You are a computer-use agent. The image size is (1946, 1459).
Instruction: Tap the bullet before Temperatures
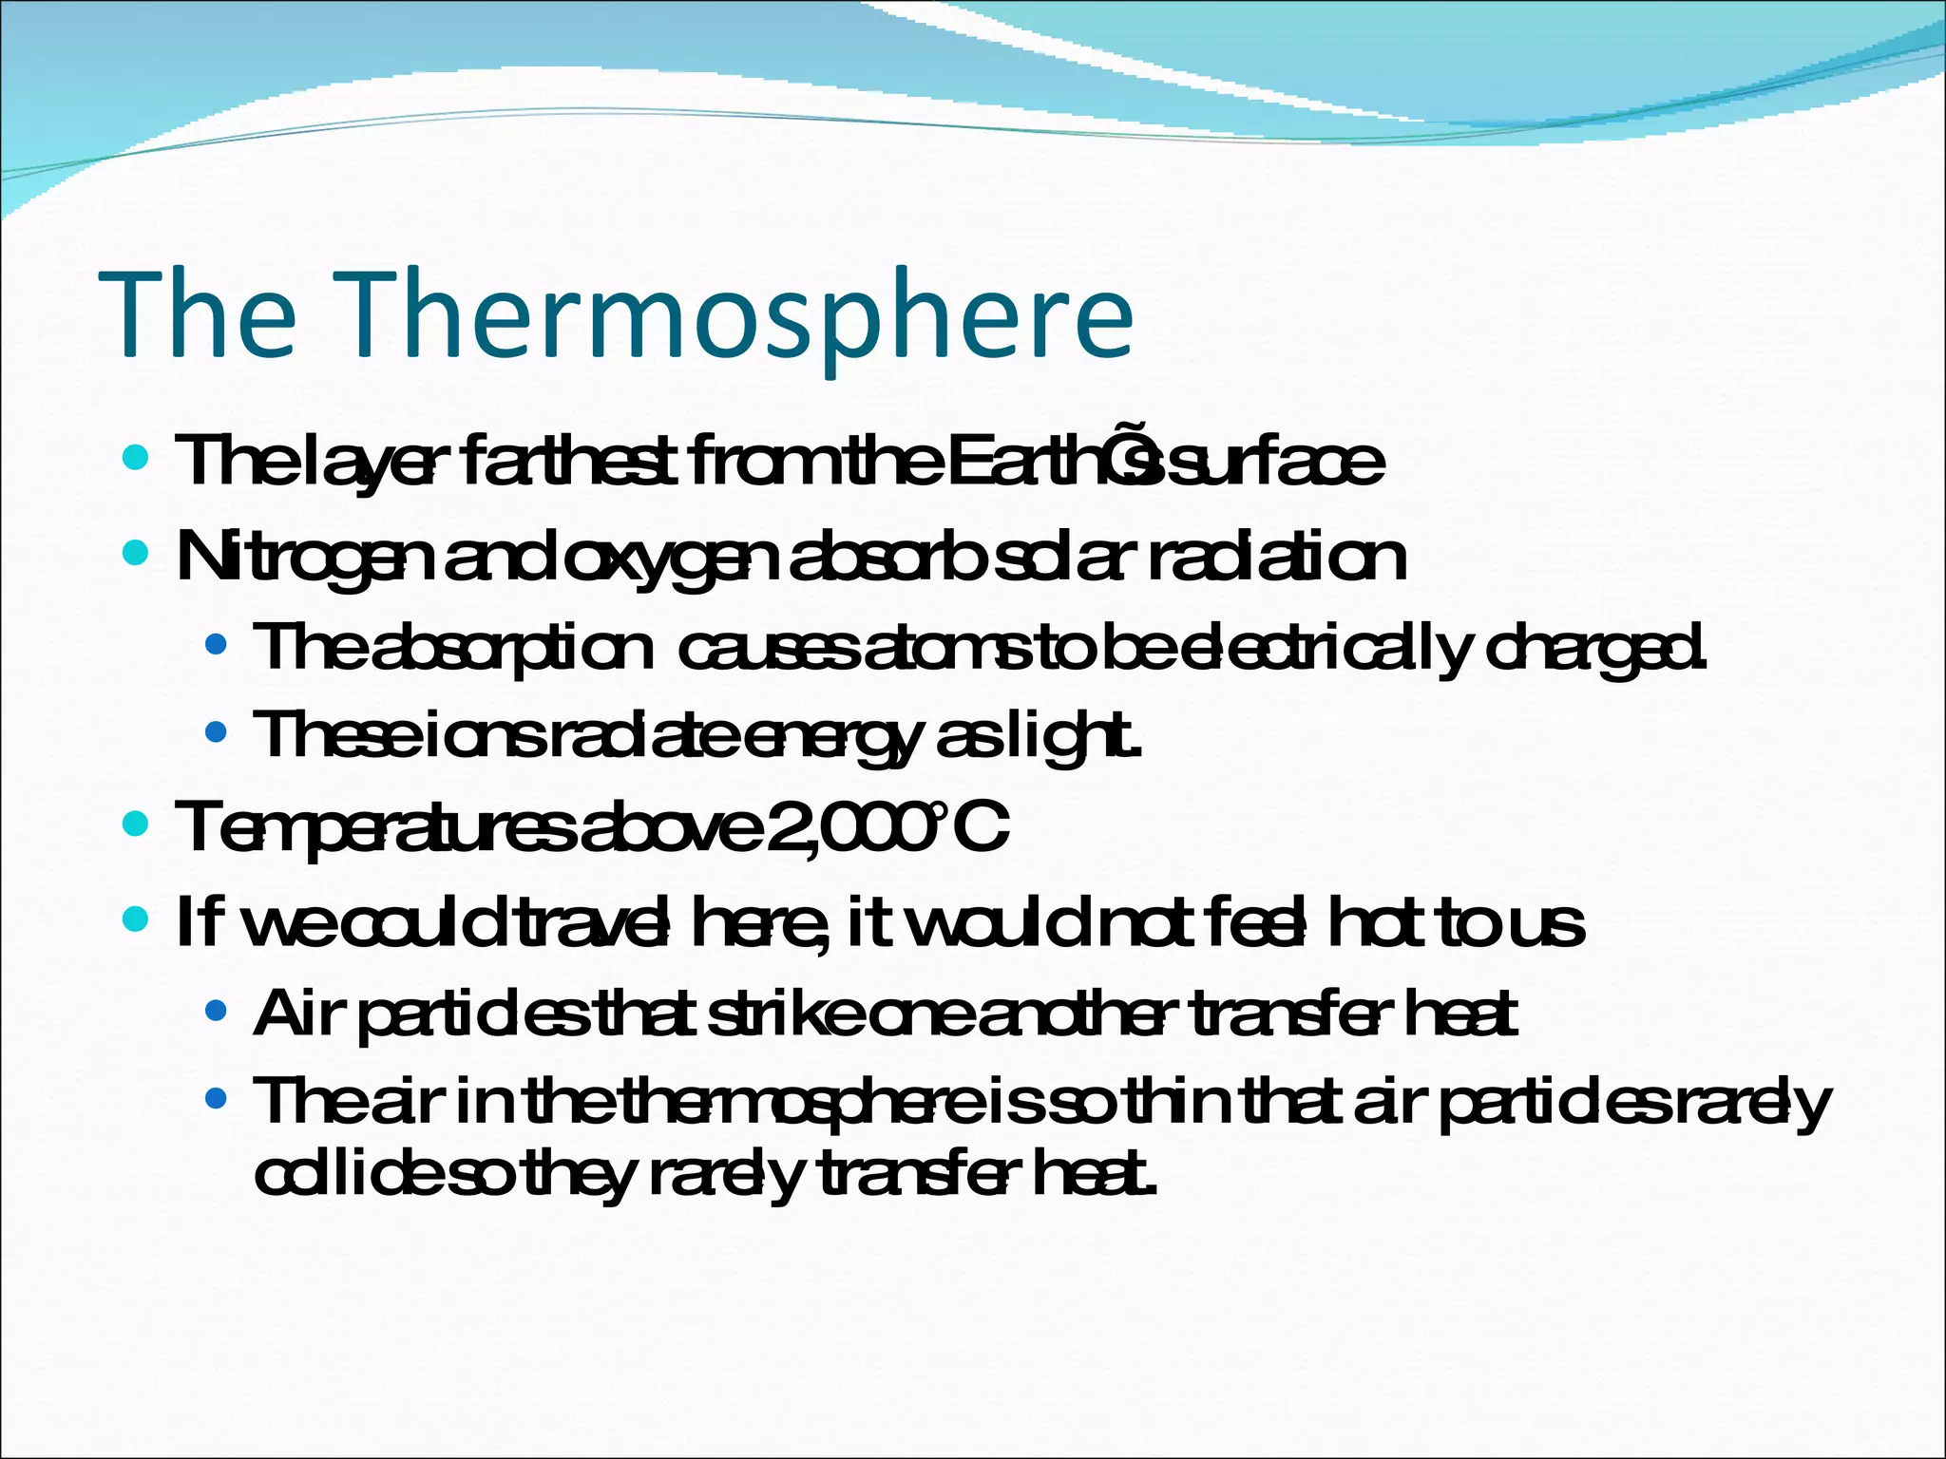click(x=137, y=824)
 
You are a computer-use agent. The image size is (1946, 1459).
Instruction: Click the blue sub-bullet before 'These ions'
click(x=217, y=732)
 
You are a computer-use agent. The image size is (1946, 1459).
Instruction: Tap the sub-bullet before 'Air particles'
click(x=217, y=1012)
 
